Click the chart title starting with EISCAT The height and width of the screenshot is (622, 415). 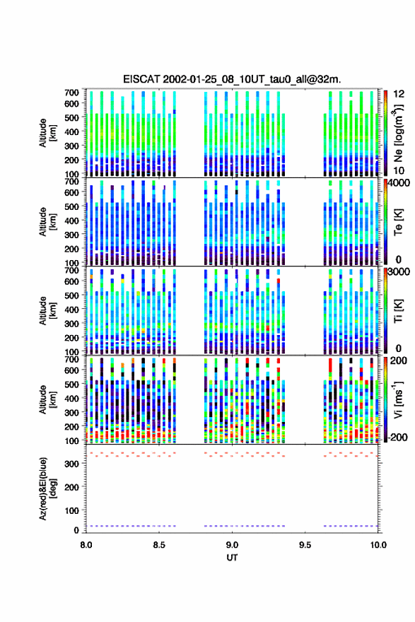point(232,79)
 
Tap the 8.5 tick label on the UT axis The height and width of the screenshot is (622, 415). point(159,545)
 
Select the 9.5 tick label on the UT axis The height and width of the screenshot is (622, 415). point(305,545)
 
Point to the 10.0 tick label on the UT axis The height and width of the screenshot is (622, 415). point(378,545)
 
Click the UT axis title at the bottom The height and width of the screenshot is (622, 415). point(232,558)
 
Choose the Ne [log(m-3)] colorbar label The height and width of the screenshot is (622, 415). point(398,134)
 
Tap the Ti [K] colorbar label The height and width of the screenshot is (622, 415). point(398,310)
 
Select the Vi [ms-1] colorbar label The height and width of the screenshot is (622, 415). point(398,399)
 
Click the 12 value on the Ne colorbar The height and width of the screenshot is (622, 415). point(399,94)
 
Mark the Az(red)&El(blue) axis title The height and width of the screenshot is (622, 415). point(47,488)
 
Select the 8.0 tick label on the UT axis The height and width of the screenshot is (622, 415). point(86,545)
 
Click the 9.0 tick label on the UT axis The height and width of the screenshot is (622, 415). point(232,545)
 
